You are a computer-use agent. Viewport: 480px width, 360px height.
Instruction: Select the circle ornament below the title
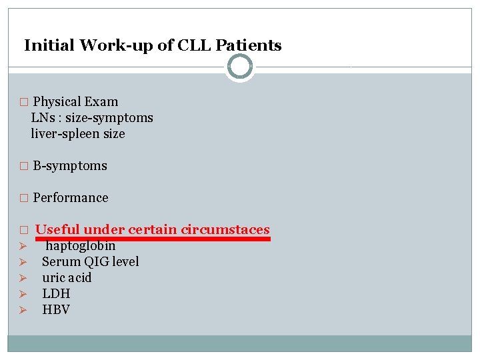[x=240, y=67]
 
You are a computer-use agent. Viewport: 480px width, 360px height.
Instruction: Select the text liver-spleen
[x=65, y=134]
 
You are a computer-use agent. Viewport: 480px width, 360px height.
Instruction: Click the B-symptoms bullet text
[x=70, y=166]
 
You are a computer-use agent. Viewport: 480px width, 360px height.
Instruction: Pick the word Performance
[x=71, y=198]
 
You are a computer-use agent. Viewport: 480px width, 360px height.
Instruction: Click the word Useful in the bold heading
[x=57, y=230]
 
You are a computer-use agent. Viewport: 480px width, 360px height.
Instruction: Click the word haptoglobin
[x=81, y=246]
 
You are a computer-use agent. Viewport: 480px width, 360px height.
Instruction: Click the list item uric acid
[x=67, y=278]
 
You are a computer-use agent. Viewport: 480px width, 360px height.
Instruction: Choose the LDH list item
[x=56, y=294]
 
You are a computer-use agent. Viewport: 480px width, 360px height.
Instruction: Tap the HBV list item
[x=56, y=310]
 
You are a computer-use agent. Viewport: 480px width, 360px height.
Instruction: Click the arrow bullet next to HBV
[x=22, y=310]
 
